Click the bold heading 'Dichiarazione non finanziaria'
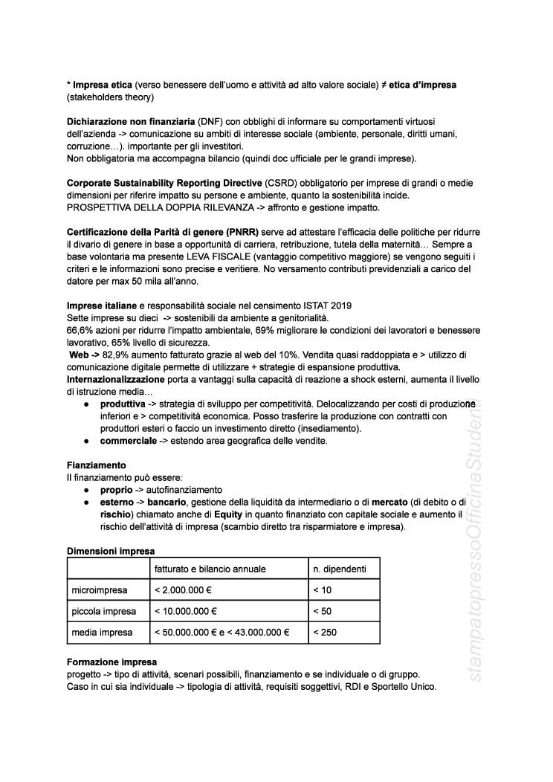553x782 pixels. [130, 120]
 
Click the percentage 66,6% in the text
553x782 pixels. [83, 329]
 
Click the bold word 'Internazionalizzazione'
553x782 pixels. [120, 380]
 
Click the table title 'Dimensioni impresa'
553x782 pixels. [111, 551]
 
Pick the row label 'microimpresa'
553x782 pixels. [100, 590]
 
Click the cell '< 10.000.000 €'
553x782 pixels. [184, 611]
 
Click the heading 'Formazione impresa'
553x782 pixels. [111, 662]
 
